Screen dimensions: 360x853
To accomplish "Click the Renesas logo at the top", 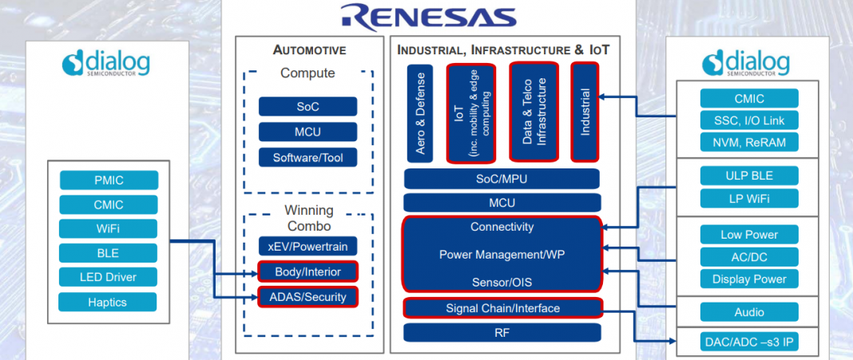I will click(x=426, y=16).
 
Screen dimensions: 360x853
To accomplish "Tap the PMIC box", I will click(x=109, y=180).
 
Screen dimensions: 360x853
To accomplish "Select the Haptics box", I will click(x=108, y=302).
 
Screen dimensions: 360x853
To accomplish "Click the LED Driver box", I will click(x=109, y=277).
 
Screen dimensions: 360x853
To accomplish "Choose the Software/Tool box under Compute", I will click(x=307, y=157).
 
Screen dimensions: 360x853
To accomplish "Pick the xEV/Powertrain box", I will click(x=307, y=246).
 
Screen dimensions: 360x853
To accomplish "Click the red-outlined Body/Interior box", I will click(x=307, y=271).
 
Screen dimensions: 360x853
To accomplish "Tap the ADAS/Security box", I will click(x=307, y=297).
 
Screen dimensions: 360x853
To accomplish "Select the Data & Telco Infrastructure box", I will click(x=534, y=112).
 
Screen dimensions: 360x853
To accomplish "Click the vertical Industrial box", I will click(x=585, y=112).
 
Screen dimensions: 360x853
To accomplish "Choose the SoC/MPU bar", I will click(x=502, y=179).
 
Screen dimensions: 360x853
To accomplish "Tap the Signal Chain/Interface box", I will click(x=502, y=308).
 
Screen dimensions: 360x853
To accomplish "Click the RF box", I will click(x=502, y=332).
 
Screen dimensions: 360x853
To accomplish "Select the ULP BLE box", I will click(x=748, y=176).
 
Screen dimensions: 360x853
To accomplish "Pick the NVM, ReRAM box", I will click(x=748, y=143).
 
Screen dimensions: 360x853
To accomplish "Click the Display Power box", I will click(x=748, y=279).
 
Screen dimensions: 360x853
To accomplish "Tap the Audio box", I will click(x=748, y=312).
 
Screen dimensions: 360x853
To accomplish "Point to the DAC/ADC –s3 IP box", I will click(x=748, y=343).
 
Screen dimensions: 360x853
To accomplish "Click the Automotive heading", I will click(x=309, y=50).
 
